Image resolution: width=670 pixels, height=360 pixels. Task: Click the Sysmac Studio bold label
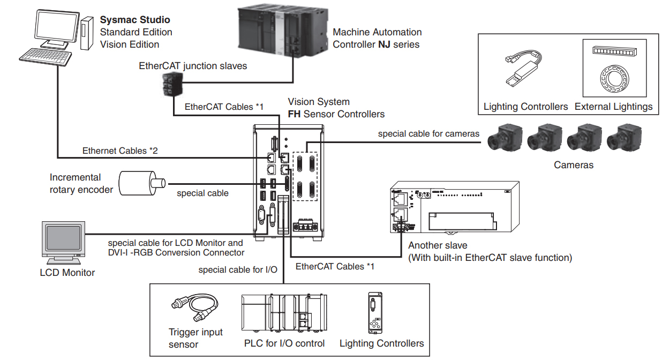(x=135, y=20)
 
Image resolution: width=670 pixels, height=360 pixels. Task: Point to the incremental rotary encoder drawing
(x=140, y=183)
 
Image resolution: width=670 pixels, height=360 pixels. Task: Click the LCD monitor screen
(x=63, y=237)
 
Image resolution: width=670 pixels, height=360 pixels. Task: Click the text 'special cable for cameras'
(x=428, y=134)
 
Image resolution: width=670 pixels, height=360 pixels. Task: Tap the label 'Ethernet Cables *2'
(x=121, y=151)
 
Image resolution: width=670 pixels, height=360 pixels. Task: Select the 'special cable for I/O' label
(x=238, y=269)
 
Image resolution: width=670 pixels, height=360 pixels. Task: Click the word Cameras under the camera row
(x=574, y=165)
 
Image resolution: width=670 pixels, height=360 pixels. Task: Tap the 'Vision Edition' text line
(x=130, y=44)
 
